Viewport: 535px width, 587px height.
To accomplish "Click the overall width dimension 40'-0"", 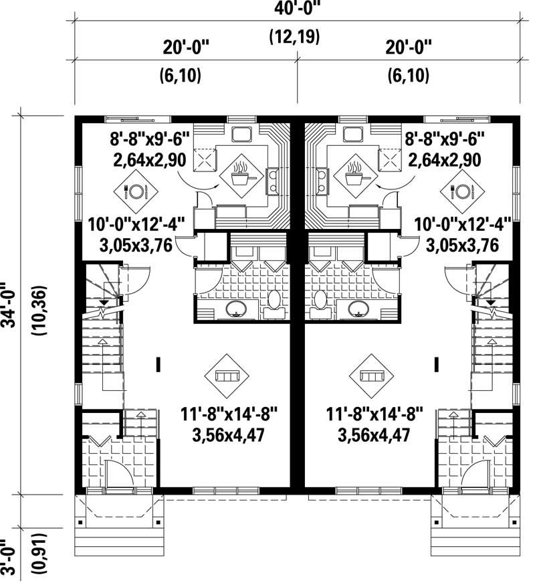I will pos(294,10).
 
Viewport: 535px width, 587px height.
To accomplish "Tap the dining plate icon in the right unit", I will pos(456,191).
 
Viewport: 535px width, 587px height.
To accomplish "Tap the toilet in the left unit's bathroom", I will pos(274,299).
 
